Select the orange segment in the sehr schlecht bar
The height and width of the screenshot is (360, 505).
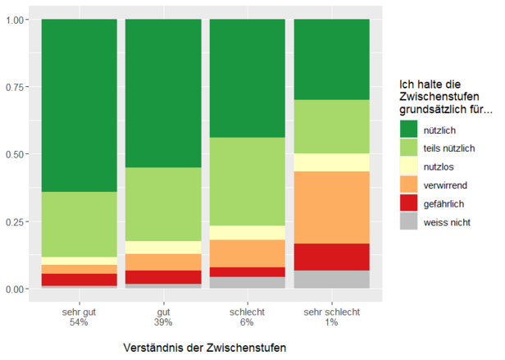(x=331, y=207)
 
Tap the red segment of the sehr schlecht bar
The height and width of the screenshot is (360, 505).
(x=331, y=257)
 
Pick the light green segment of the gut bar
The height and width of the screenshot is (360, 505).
(x=163, y=204)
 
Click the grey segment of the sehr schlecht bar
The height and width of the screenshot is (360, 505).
(x=331, y=280)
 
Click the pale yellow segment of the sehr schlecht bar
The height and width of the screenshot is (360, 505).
(x=331, y=162)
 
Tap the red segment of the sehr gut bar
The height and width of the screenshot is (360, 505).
(x=79, y=280)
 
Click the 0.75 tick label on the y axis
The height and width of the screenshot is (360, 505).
(x=16, y=86)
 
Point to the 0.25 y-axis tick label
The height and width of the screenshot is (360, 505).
(x=16, y=221)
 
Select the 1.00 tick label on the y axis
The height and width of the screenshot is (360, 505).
(x=16, y=19)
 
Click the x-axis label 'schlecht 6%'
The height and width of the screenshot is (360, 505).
(x=248, y=318)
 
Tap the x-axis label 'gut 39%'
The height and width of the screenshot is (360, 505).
(x=163, y=318)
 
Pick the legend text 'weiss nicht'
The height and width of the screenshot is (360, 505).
(x=447, y=222)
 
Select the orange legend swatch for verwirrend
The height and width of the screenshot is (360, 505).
(x=408, y=185)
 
